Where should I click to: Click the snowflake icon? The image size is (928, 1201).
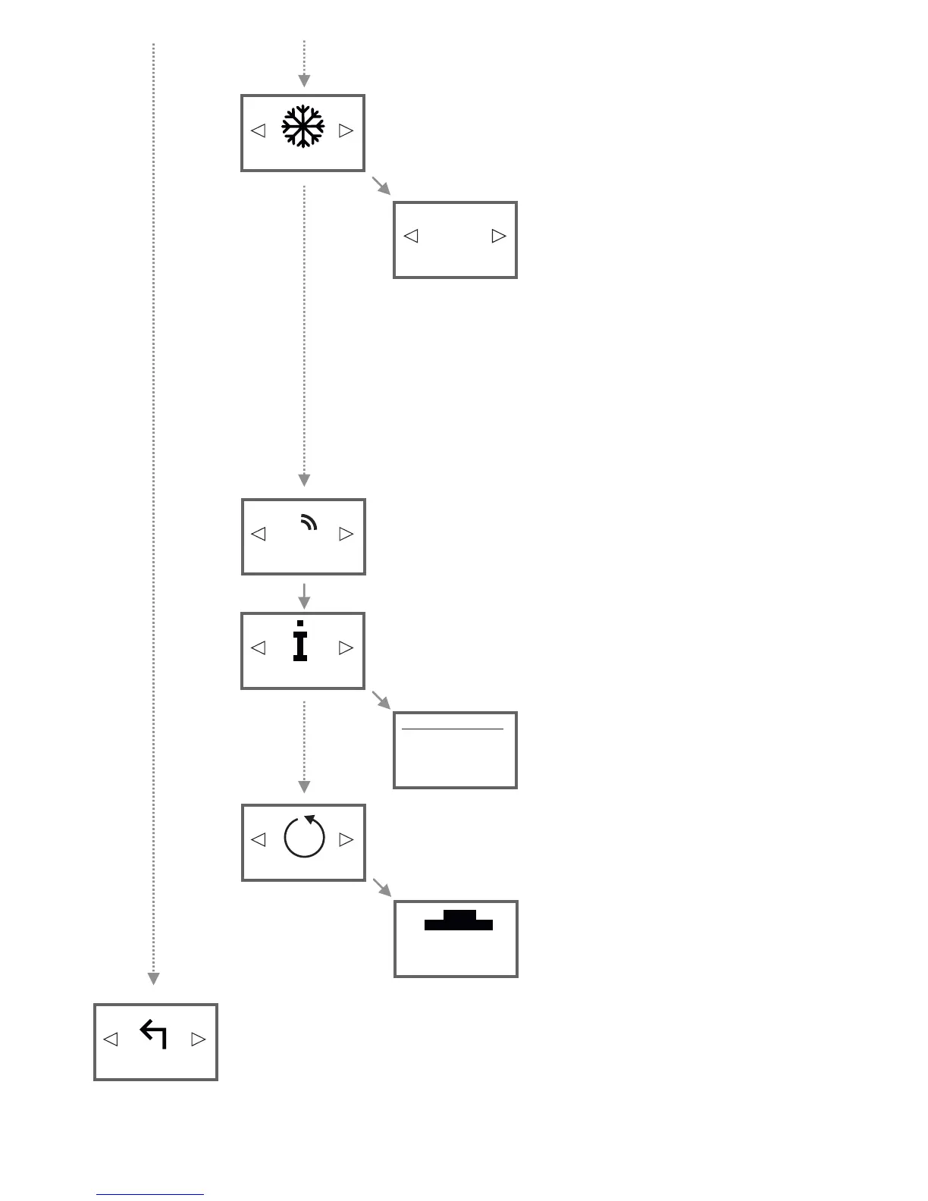[303, 126]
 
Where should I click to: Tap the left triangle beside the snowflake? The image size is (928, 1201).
[259, 130]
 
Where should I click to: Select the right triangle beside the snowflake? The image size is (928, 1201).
[346, 130]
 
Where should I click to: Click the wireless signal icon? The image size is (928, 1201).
[309, 522]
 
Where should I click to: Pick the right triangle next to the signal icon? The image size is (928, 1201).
[346, 534]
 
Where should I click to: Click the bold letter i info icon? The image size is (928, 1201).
[300, 641]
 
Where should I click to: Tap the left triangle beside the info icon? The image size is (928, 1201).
[259, 648]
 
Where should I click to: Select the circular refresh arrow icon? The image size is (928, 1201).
[304, 837]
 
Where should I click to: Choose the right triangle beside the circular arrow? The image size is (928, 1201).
[346, 839]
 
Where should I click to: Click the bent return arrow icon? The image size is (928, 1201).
[154, 1034]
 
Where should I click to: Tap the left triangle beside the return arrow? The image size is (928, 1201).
[111, 1039]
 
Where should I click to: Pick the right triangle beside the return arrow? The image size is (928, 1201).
[199, 1039]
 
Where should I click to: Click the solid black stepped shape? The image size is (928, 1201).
[459, 920]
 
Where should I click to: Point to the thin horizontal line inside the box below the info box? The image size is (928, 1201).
[452, 729]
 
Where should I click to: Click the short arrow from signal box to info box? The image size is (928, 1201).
[304, 596]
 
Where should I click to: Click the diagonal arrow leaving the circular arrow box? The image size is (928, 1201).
[381, 888]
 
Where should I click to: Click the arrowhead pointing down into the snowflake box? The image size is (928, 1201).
[304, 81]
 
